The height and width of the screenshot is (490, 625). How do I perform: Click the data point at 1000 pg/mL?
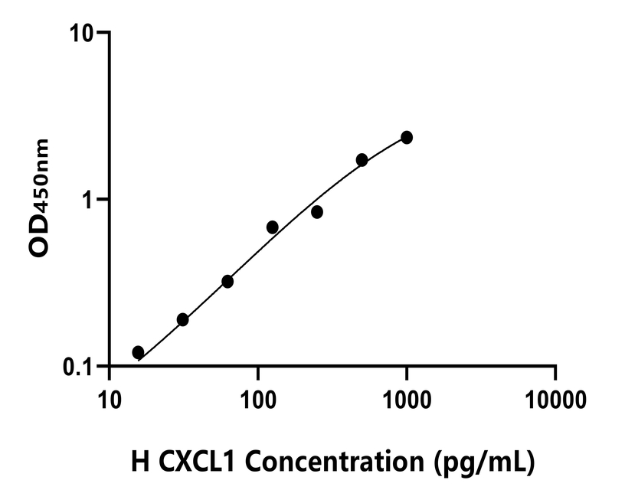coord(407,137)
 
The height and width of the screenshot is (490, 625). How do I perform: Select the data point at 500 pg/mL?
coord(362,160)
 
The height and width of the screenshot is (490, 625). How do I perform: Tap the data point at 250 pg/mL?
coord(317,212)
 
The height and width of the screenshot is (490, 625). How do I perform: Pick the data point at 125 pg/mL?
coord(272,227)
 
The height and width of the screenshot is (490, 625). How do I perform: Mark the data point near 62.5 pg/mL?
coord(227,282)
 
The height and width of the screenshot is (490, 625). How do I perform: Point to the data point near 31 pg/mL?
coord(182,319)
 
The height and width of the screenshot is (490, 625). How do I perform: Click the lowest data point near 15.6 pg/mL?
coord(138,352)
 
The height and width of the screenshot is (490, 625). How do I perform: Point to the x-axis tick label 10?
coord(110,400)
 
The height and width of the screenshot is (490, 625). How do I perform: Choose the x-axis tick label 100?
coord(258,400)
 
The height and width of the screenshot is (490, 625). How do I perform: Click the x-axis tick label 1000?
coord(407,400)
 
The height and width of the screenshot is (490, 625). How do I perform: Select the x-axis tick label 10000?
coord(555,400)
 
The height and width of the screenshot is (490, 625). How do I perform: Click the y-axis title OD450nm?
coord(41,199)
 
